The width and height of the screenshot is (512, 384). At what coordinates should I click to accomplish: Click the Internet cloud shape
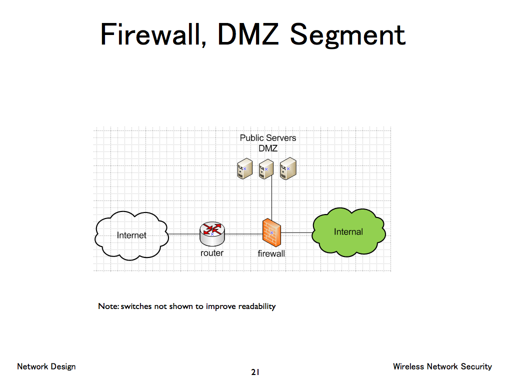[x=131, y=235]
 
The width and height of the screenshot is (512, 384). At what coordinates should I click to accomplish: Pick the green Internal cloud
[x=348, y=232]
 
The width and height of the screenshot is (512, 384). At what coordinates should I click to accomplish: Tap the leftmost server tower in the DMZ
[x=243, y=169]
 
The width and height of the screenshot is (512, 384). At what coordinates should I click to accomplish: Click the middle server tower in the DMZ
[x=265, y=169]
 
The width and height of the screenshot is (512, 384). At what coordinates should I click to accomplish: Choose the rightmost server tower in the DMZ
[x=287, y=169]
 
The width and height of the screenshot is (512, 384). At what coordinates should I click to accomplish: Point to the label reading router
[x=212, y=253]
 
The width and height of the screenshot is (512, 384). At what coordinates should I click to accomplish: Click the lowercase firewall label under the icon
[x=271, y=253]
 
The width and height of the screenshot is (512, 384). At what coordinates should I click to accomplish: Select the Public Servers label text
[x=268, y=137]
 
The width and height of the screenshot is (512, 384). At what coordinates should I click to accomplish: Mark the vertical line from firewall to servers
[x=271, y=200]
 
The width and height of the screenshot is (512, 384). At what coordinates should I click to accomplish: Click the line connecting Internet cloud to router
[x=184, y=233]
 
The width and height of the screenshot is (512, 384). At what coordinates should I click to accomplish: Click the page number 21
[x=255, y=372]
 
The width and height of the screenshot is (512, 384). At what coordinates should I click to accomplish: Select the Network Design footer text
[x=46, y=366]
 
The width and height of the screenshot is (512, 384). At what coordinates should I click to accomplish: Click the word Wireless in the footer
[x=408, y=366]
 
